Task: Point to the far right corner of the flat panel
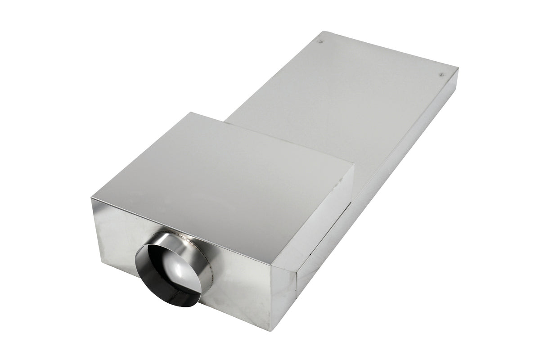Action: tap(458, 69)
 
